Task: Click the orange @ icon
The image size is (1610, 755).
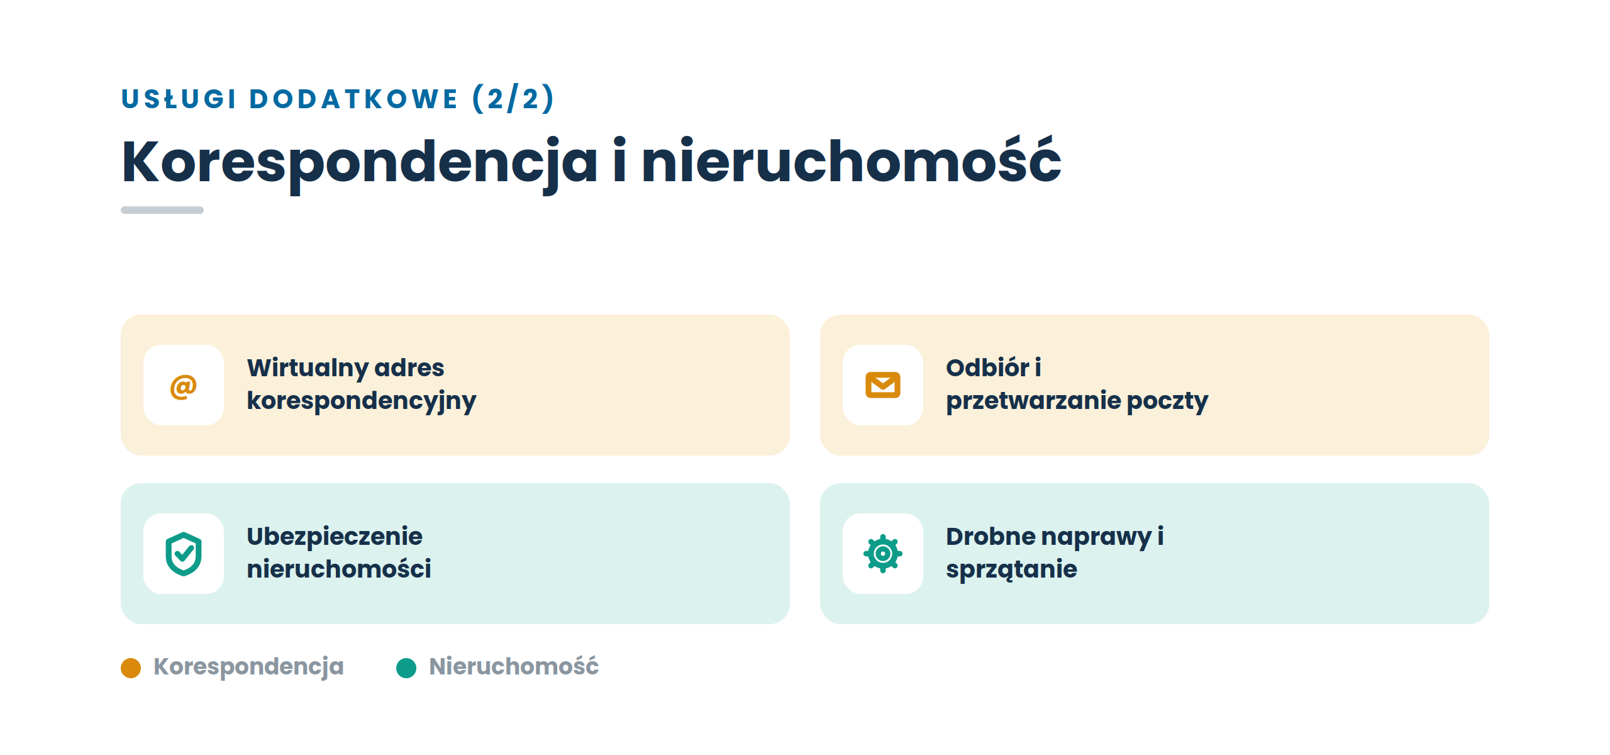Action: pyautogui.click(x=184, y=386)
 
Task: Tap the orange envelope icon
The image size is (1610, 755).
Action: pyautogui.click(x=883, y=385)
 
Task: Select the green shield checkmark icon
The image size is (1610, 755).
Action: pyautogui.click(x=184, y=554)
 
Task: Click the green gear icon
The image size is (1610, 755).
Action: pyautogui.click(x=883, y=554)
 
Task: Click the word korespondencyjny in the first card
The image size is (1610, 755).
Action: pyautogui.click(x=362, y=401)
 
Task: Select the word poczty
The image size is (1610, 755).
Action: pyautogui.click(x=1168, y=401)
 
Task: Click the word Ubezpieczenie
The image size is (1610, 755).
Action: pyautogui.click(x=335, y=537)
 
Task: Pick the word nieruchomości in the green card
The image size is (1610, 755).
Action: pyautogui.click(x=339, y=569)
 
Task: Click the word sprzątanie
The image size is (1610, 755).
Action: pyautogui.click(x=1011, y=570)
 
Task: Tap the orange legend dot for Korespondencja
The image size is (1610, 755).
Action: pyautogui.click(x=131, y=668)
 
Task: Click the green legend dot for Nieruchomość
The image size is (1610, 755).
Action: pyautogui.click(x=406, y=668)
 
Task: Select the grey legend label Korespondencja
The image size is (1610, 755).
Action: pyautogui.click(x=248, y=667)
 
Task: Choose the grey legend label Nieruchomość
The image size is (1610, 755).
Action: pyautogui.click(x=514, y=666)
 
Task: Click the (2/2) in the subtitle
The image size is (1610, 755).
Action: pyautogui.click(x=513, y=99)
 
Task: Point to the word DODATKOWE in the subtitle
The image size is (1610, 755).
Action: pyautogui.click(x=353, y=99)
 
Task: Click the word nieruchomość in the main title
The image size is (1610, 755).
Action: pyautogui.click(x=852, y=161)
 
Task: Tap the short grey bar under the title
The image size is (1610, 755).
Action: pyautogui.click(x=162, y=210)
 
